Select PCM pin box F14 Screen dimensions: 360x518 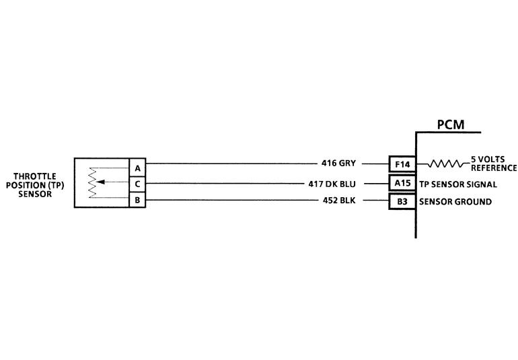point(403,164)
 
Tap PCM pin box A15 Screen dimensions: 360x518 point(403,183)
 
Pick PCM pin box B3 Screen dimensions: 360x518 point(403,201)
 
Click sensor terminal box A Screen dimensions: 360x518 point(137,167)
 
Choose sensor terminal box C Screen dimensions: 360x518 point(137,184)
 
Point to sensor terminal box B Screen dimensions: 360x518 point(137,200)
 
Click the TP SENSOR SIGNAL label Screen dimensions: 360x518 point(457,184)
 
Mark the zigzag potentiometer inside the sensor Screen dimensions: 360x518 point(93,182)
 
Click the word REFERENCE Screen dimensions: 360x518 point(494,168)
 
